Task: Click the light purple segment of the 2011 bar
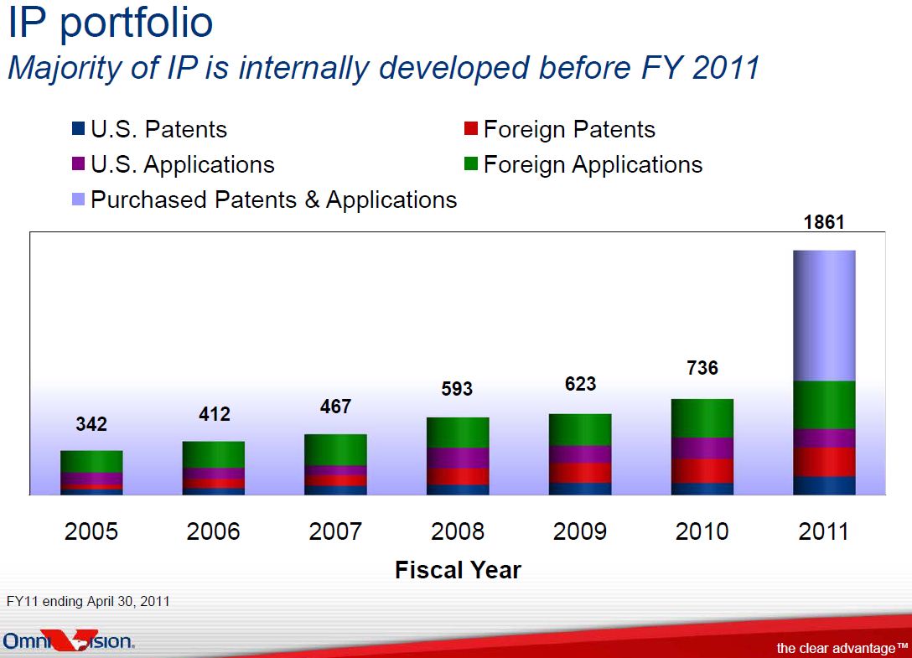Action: point(824,316)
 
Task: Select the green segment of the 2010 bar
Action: point(702,418)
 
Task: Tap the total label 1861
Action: point(824,222)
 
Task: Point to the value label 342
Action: point(91,424)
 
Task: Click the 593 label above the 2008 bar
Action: point(457,389)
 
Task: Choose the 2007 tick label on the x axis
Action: point(335,531)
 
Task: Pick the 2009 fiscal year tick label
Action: point(580,531)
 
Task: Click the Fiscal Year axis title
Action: point(458,570)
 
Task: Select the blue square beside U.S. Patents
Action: point(79,128)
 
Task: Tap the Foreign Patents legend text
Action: point(569,130)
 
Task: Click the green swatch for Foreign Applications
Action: point(471,164)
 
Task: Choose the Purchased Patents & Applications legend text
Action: point(274,200)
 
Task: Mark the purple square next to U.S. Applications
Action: point(79,164)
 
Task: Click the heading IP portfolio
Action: point(111,23)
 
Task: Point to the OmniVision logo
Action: point(69,640)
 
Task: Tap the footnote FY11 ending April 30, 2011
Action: point(88,602)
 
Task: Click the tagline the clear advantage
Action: point(842,648)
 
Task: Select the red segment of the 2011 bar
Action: point(824,463)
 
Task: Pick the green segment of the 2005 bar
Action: point(91,462)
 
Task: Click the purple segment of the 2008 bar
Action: point(458,459)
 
